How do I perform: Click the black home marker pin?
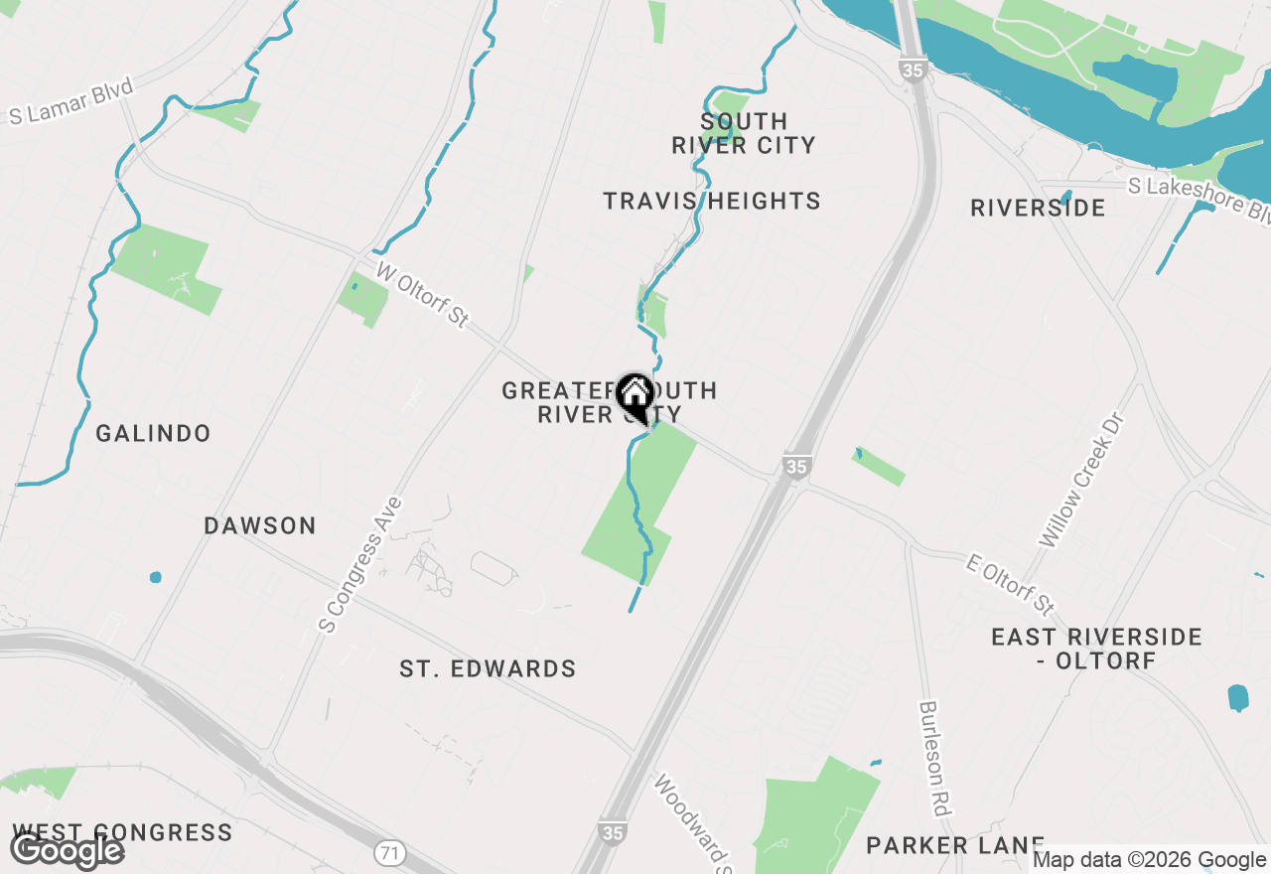click(x=635, y=398)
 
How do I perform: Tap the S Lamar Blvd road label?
click(x=71, y=102)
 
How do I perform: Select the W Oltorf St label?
click(x=422, y=295)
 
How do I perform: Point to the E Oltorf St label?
click(x=1010, y=584)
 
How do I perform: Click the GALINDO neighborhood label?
click(x=153, y=434)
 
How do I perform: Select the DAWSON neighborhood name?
click(x=260, y=526)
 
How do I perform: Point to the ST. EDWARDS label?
click(x=488, y=669)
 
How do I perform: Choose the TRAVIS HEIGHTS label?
click(x=712, y=202)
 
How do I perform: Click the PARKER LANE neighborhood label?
click(x=955, y=845)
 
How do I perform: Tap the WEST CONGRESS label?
click(x=122, y=832)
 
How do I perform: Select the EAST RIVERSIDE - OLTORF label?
click(x=1096, y=648)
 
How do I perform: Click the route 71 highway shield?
click(x=389, y=852)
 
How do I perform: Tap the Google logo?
click(x=67, y=851)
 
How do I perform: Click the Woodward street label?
click(x=692, y=819)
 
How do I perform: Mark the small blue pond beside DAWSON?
click(x=155, y=577)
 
